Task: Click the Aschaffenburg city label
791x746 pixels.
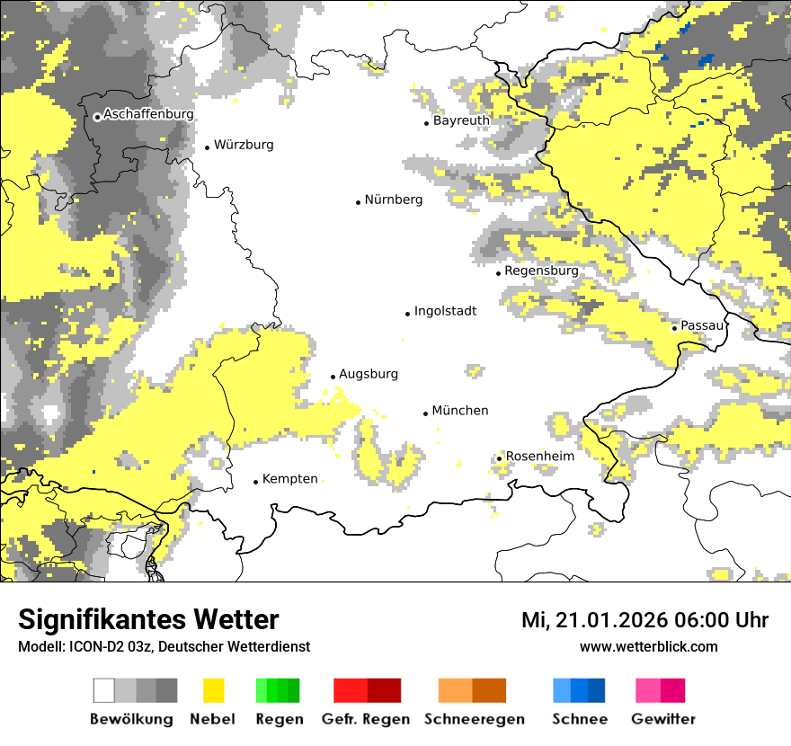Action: [148, 114]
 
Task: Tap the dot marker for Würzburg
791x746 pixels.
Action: [207, 147]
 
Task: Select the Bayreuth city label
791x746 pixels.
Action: [461, 120]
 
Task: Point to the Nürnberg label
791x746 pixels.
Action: [393, 200]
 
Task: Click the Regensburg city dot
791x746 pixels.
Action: [498, 272]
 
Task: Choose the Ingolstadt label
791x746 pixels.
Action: [445, 311]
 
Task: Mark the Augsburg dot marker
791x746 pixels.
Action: [333, 377]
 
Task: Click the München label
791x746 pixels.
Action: [460, 410]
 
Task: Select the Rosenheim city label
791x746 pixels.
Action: [539, 456]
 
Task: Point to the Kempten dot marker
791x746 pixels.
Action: [255, 482]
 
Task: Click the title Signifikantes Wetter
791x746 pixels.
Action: [148, 619]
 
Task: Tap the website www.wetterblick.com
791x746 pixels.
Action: [648, 646]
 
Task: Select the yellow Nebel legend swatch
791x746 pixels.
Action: [213, 690]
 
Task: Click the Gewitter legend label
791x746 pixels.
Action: [662, 719]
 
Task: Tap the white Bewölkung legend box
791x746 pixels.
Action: [104, 690]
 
